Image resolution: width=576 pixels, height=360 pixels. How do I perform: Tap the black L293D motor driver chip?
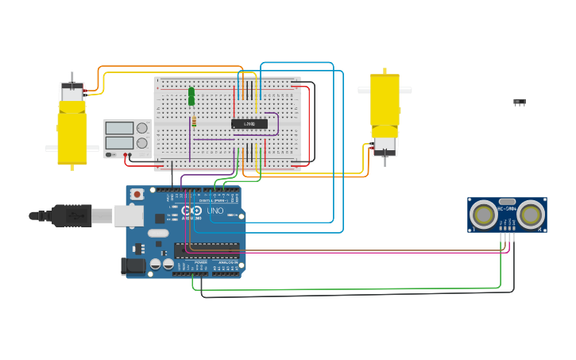[249, 124]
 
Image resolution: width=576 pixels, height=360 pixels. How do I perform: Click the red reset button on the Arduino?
[137, 194]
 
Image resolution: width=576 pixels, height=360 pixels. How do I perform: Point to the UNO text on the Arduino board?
[215, 211]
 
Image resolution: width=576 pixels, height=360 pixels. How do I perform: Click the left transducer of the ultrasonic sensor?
[483, 214]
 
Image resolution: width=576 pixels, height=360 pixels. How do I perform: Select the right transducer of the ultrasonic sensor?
[531, 214]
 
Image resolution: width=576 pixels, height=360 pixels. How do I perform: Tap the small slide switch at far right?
[519, 102]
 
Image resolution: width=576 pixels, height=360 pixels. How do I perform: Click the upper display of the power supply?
[119, 128]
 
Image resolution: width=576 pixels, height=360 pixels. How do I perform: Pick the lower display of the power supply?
[119, 143]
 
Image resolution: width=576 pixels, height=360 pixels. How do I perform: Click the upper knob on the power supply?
[143, 128]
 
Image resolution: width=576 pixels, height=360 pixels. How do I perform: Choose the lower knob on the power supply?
[143, 143]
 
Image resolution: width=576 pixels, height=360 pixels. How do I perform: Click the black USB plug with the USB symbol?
[72, 215]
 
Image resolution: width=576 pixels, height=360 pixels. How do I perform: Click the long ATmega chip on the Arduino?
[207, 250]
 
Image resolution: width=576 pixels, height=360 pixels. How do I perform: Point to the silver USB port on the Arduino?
[128, 215]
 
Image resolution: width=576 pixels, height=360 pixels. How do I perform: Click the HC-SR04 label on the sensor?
[507, 209]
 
